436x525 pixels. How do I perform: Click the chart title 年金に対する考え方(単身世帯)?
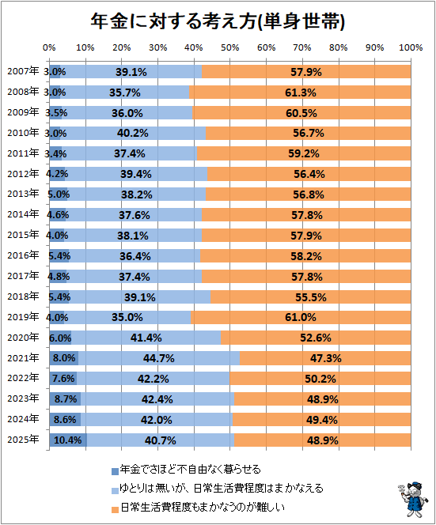218,22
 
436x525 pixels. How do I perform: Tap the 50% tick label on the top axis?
230,48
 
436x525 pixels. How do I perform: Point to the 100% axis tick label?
411,48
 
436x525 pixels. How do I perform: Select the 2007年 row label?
23,71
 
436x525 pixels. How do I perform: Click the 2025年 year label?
23,440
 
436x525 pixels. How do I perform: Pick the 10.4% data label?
68,440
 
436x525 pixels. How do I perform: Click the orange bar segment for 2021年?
325,358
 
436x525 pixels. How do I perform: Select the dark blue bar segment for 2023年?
65,399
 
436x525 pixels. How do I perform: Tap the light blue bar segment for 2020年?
146,338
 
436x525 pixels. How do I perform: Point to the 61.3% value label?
301,93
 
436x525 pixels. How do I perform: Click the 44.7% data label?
159,359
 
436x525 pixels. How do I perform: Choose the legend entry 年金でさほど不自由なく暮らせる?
186,470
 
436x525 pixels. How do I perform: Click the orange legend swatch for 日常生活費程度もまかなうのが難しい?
115,510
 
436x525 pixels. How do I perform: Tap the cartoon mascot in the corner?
412,499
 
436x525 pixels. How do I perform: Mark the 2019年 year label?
23,317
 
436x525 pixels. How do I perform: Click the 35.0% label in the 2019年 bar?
127,317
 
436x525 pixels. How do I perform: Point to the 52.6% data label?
316,338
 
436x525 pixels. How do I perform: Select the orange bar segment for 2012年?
309,174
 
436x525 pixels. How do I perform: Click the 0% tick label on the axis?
49,48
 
